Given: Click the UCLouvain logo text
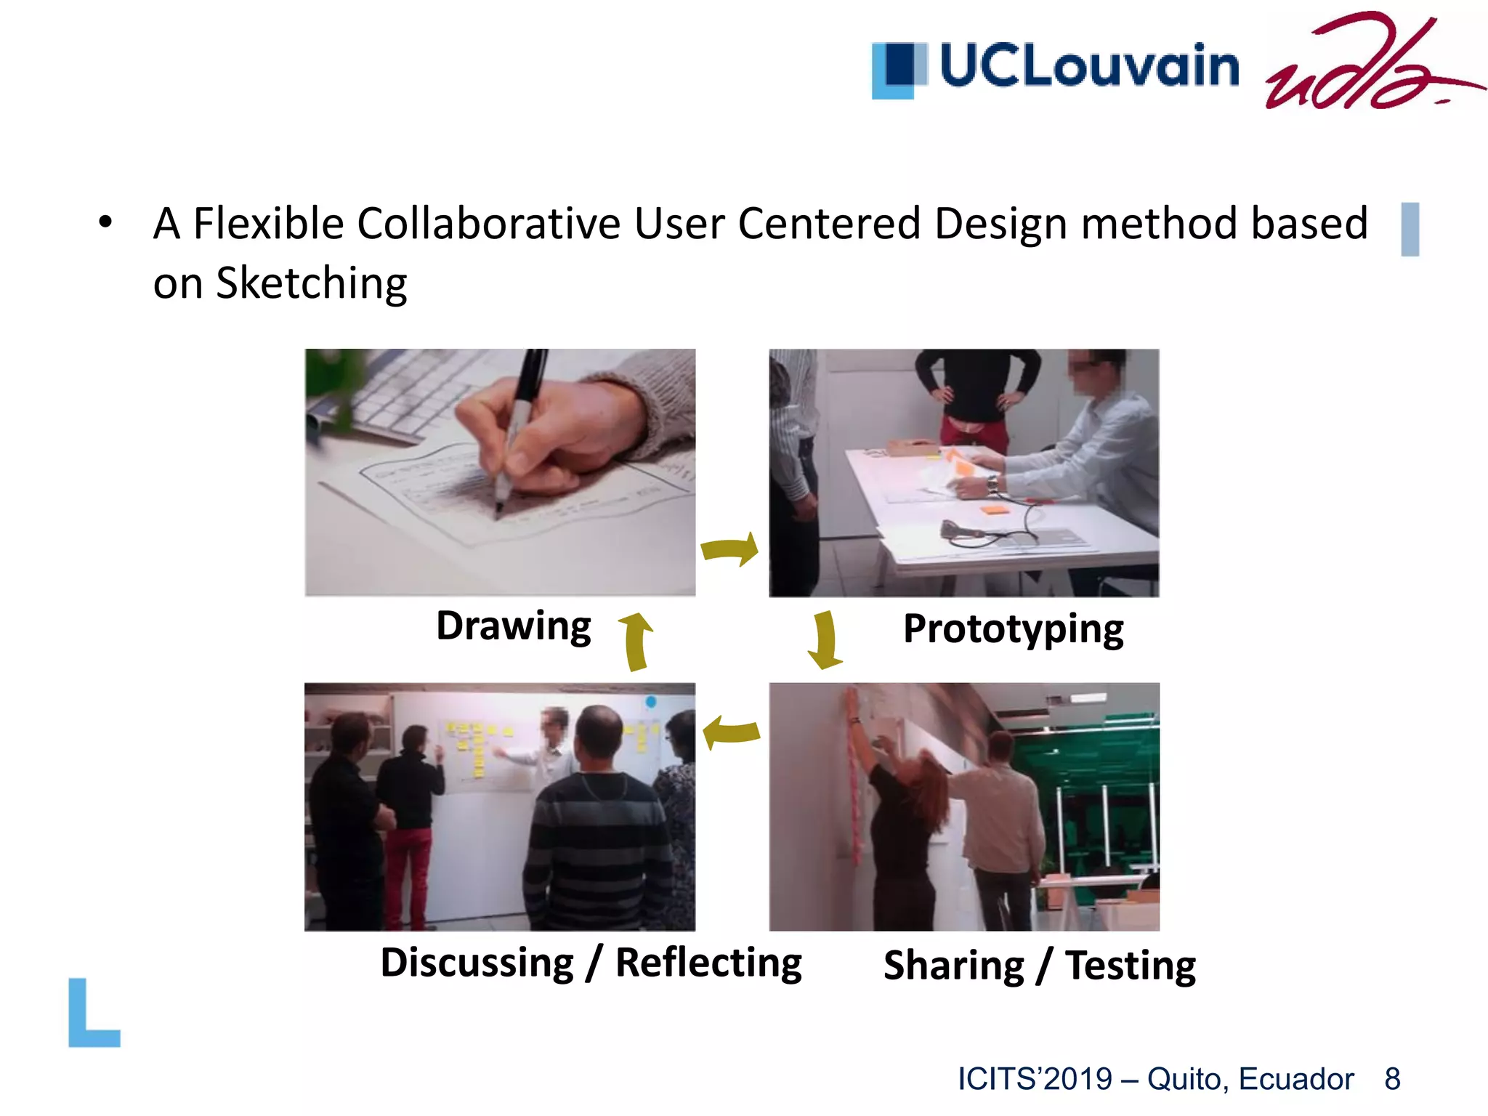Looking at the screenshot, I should (x=1088, y=66).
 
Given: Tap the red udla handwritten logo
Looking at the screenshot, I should (x=1366, y=65).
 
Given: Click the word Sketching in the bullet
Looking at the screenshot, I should (x=312, y=283).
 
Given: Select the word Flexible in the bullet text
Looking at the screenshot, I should (x=270, y=223).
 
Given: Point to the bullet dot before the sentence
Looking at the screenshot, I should (x=106, y=222).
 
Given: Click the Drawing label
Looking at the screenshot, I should (x=513, y=626).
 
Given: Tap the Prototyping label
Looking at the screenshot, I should (x=1013, y=629).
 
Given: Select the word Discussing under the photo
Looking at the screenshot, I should (x=477, y=963).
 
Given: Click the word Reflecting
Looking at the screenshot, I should (x=708, y=963).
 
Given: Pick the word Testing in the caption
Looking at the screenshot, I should (x=1130, y=966).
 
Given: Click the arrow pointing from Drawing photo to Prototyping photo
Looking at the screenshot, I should (x=730, y=549).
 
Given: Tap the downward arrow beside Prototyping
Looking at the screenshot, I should (x=825, y=639).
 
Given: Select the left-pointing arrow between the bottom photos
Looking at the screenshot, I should (x=731, y=732).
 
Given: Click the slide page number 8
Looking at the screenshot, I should (x=1392, y=1079).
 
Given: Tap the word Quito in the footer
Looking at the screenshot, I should (x=1187, y=1079).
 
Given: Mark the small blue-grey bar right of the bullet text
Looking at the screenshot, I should (x=1410, y=229).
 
